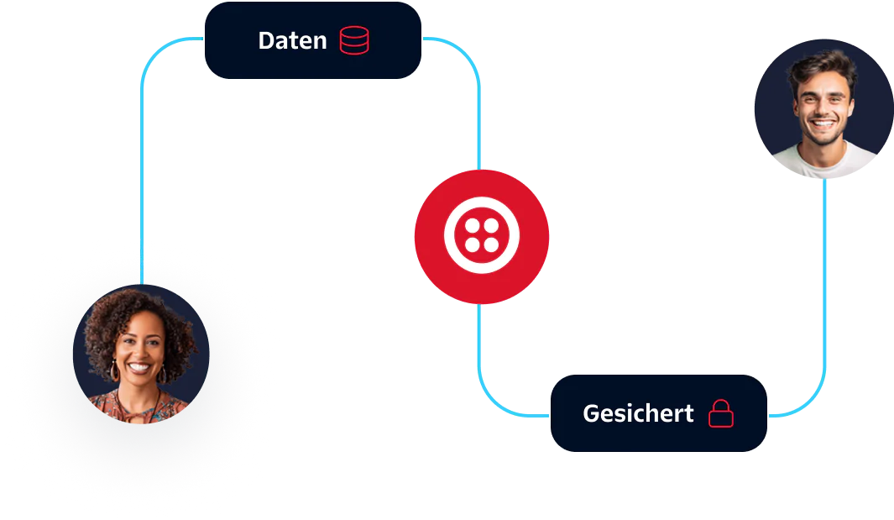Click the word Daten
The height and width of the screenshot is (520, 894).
coord(292,40)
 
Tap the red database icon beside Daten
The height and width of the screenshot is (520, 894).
coord(354,40)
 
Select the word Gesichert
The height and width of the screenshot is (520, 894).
coord(638,413)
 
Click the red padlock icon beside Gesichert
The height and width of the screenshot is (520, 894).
coord(721,413)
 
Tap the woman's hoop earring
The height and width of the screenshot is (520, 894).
coord(114,370)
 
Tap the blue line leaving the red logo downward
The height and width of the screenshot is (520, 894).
coord(479,344)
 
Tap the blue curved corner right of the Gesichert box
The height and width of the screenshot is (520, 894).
coord(810,403)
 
